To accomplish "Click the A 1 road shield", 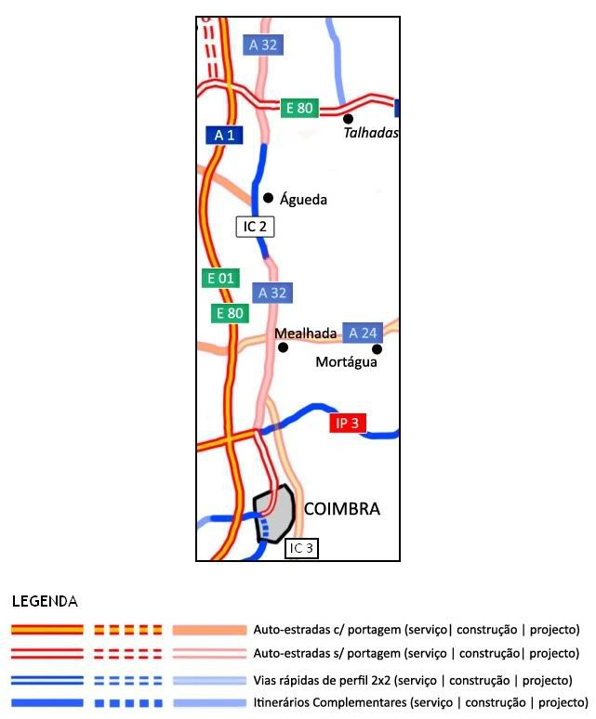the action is coord(224,136).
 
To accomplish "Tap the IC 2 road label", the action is coord(255,227).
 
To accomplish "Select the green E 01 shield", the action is coord(220,279).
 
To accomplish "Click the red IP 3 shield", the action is coord(348,423).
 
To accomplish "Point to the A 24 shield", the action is coord(363,333).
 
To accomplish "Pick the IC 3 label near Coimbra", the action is coord(301,548).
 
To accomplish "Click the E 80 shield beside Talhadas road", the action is coord(299,108).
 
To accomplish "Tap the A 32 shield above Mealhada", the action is coord(272,293).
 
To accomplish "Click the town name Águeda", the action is coord(303,200).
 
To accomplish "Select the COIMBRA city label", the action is coord(342,509).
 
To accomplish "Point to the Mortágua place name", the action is coord(347,362).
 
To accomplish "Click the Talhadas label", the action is coord(371,133).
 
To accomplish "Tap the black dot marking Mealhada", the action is coord(283,347).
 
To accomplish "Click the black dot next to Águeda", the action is coord(269,198).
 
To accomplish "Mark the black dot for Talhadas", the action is coord(348,119).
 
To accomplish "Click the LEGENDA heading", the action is coord(45,602).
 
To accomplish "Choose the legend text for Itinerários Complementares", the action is coord(420,702).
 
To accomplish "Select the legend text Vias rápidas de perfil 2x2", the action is coord(413,681).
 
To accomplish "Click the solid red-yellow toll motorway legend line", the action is coord(47,630).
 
